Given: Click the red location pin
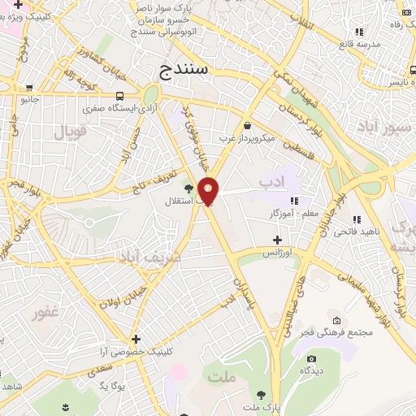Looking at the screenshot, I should click(x=209, y=191).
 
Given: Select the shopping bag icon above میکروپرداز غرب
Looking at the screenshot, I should click(x=247, y=125).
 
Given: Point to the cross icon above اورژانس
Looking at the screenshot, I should click(x=277, y=240).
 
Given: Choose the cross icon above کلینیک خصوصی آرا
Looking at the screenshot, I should click(x=136, y=339).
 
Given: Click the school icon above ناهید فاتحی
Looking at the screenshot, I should click(x=355, y=219).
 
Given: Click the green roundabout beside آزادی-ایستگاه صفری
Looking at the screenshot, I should click(x=151, y=94).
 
